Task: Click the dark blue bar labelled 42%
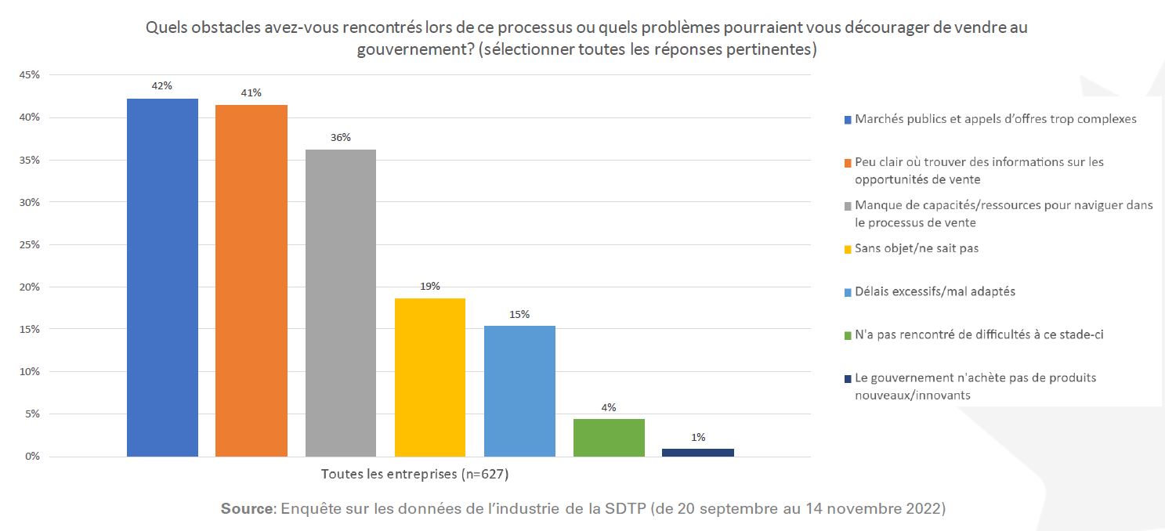coord(162,277)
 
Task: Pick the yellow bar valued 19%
coord(430,377)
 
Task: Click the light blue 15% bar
coord(519,391)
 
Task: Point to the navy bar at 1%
coord(698,452)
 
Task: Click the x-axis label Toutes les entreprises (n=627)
coord(409,474)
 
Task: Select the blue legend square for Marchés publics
coord(848,120)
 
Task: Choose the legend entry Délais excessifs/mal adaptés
coord(935,291)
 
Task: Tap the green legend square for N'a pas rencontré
coord(848,335)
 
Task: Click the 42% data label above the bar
coord(161,86)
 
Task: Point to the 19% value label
coord(429,286)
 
